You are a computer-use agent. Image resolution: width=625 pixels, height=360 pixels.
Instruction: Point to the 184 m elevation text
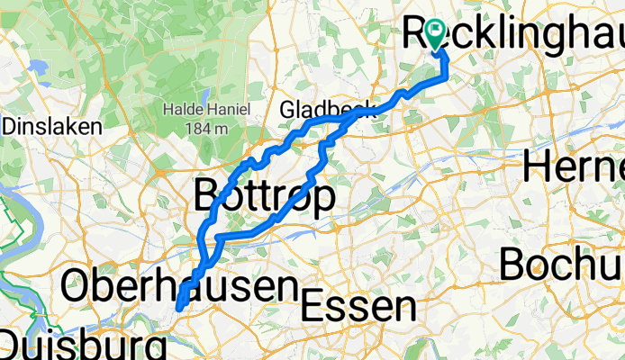206,129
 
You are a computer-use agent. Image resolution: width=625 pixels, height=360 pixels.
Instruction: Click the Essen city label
358,308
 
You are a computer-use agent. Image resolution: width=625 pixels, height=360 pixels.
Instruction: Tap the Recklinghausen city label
513,33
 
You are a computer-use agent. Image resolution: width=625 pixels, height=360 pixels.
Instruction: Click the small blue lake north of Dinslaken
38,66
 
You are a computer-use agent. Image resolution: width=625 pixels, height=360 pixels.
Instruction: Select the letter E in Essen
312,308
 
